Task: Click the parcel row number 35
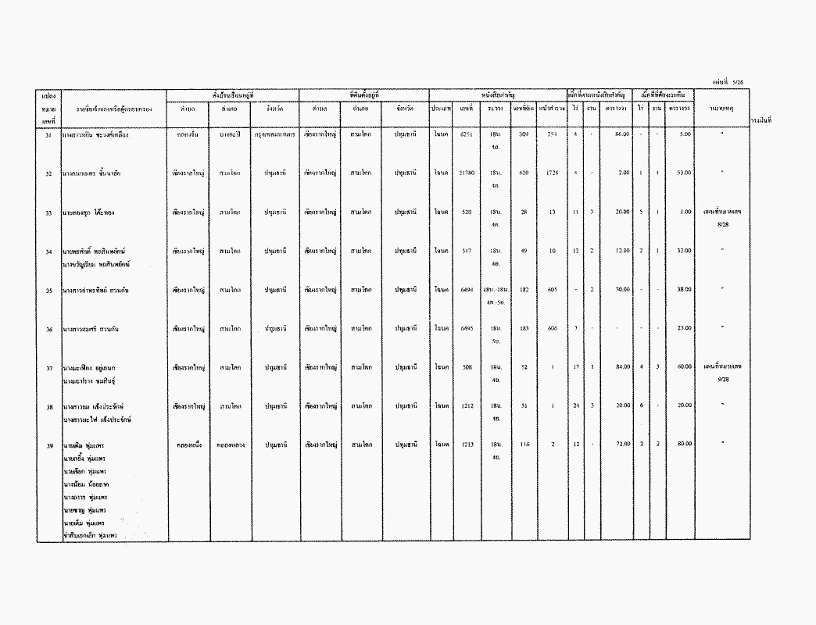[x=48, y=290]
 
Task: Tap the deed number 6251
[x=467, y=134]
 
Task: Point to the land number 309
[x=524, y=134]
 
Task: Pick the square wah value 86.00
[x=622, y=134]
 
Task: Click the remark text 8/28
[x=722, y=224]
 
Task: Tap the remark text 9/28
[x=722, y=379]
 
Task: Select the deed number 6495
[x=467, y=329]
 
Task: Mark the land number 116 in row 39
[x=524, y=444]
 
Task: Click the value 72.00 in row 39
[x=622, y=444]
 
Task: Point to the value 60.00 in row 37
[x=684, y=366]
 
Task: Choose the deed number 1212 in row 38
[x=467, y=405]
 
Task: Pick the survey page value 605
[x=552, y=290]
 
